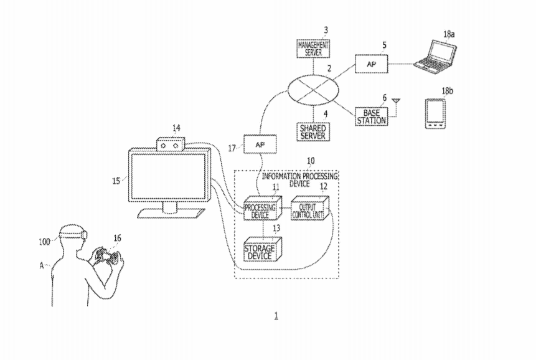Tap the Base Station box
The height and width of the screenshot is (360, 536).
371,116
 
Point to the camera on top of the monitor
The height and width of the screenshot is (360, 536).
171,145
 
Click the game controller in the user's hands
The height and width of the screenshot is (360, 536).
105,255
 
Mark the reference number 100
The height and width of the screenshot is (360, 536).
45,239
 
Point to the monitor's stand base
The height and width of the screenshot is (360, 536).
172,214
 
